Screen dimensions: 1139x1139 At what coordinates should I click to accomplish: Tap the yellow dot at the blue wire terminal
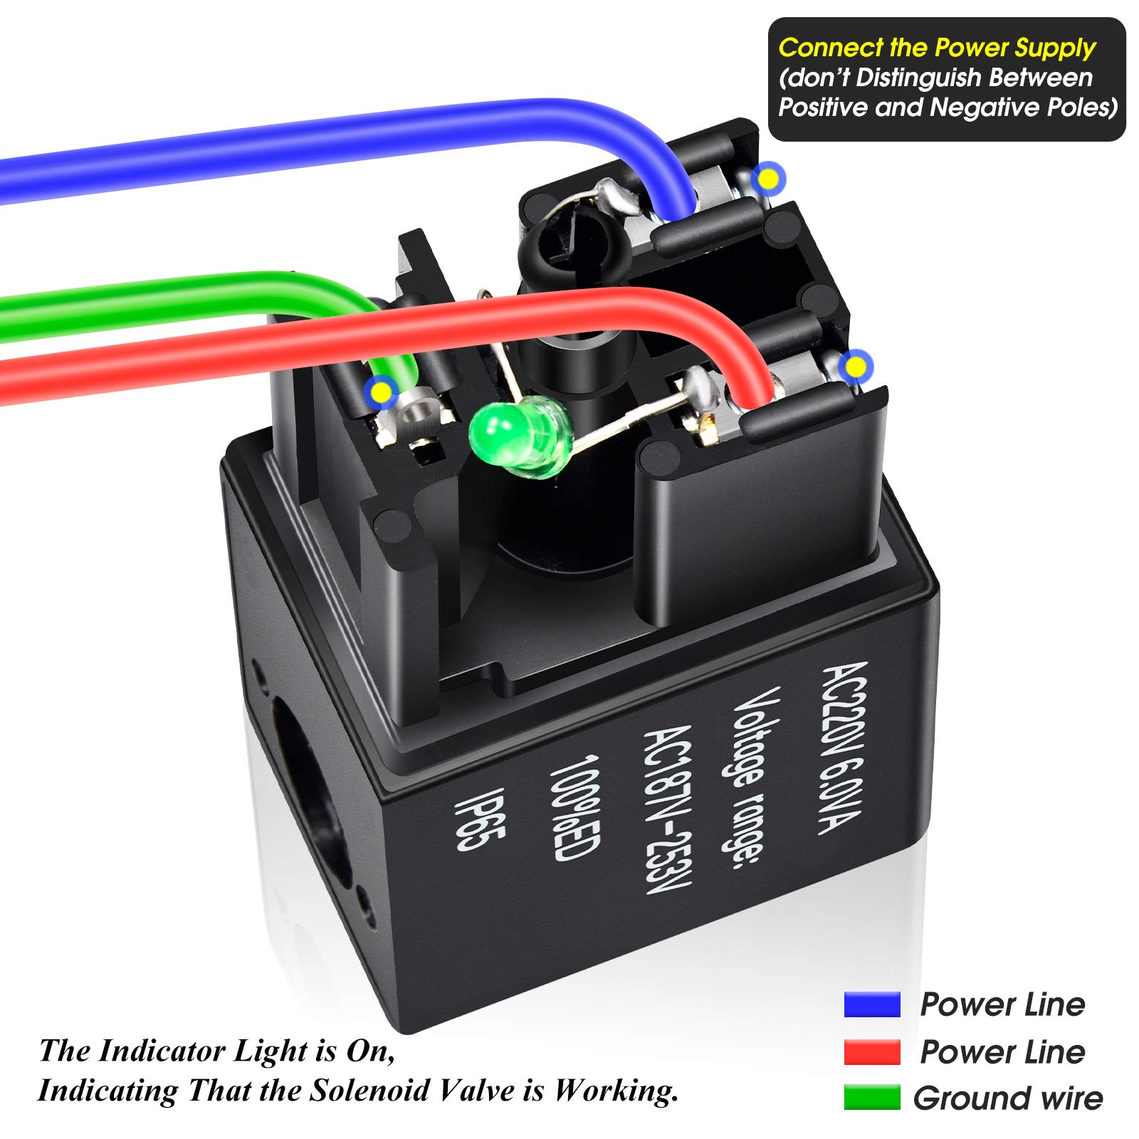769,179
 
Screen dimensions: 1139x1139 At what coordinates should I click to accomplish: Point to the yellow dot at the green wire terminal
382,391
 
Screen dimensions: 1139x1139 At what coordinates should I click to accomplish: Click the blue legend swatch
872,1004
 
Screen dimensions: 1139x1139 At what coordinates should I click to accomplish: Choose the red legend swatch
872,1051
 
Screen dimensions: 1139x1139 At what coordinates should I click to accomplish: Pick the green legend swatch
872,1097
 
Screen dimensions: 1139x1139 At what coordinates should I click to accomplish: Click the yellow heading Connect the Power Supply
936,48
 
